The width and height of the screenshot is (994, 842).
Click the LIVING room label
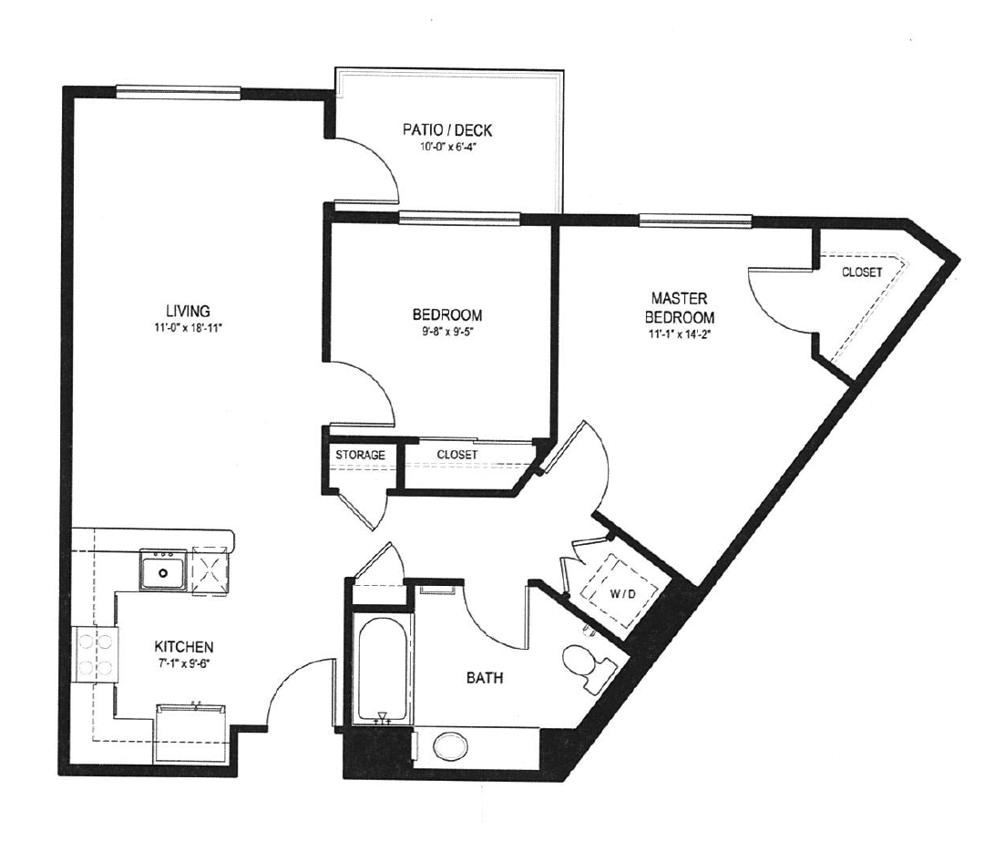[x=188, y=311]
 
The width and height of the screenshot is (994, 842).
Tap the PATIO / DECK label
[x=447, y=130]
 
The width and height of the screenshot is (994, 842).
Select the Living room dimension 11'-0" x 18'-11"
[x=189, y=328]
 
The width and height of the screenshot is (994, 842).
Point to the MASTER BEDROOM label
[x=679, y=307]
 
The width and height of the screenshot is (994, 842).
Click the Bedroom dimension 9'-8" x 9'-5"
[x=447, y=332]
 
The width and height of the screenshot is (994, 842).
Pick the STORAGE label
[x=360, y=455]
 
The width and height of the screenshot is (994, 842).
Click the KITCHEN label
[x=184, y=647]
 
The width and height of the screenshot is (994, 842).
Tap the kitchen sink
[x=163, y=570]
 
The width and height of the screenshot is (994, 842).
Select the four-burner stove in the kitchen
[x=95, y=654]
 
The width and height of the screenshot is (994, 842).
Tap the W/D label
[x=622, y=594]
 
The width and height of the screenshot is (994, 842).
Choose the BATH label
[x=485, y=678]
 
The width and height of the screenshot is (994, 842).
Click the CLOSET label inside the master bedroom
[x=862, y=272]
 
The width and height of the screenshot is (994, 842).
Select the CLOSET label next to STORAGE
[x=457, y=455]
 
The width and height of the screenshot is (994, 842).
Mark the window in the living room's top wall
[x=179, y=93]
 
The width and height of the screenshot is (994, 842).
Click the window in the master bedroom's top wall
[x=695, y=221]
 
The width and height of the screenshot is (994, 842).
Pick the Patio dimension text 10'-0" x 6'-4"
[x=447, y=147]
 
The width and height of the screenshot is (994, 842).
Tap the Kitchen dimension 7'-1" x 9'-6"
[x=184, y=663]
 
